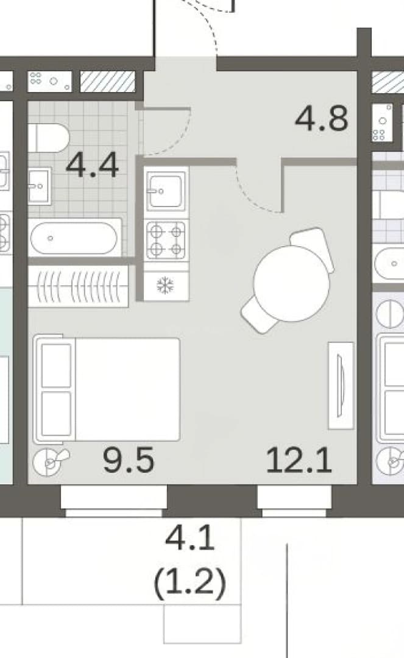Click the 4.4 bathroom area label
click(x=92, y=165)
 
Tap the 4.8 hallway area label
click(x=322, y=118)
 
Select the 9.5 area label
click(x=129, y=460)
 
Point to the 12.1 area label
click(x=299, y=460)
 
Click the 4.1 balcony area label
click(x=190, y=539)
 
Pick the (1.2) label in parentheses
click(x=190, y=583)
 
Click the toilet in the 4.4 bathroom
click(x=49, y=138)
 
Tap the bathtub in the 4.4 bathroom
click(x=75, y=238)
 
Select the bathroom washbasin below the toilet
click(x=40, y=185)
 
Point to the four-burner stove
click(x=166, y=239)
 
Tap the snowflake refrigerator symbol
click(x=165, y=286)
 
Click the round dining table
click(x=291, y=284)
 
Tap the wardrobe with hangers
click(x=78, y=286)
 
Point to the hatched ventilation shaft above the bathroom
click(x=108, y=82)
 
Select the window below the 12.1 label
click(x=294, y=500)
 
